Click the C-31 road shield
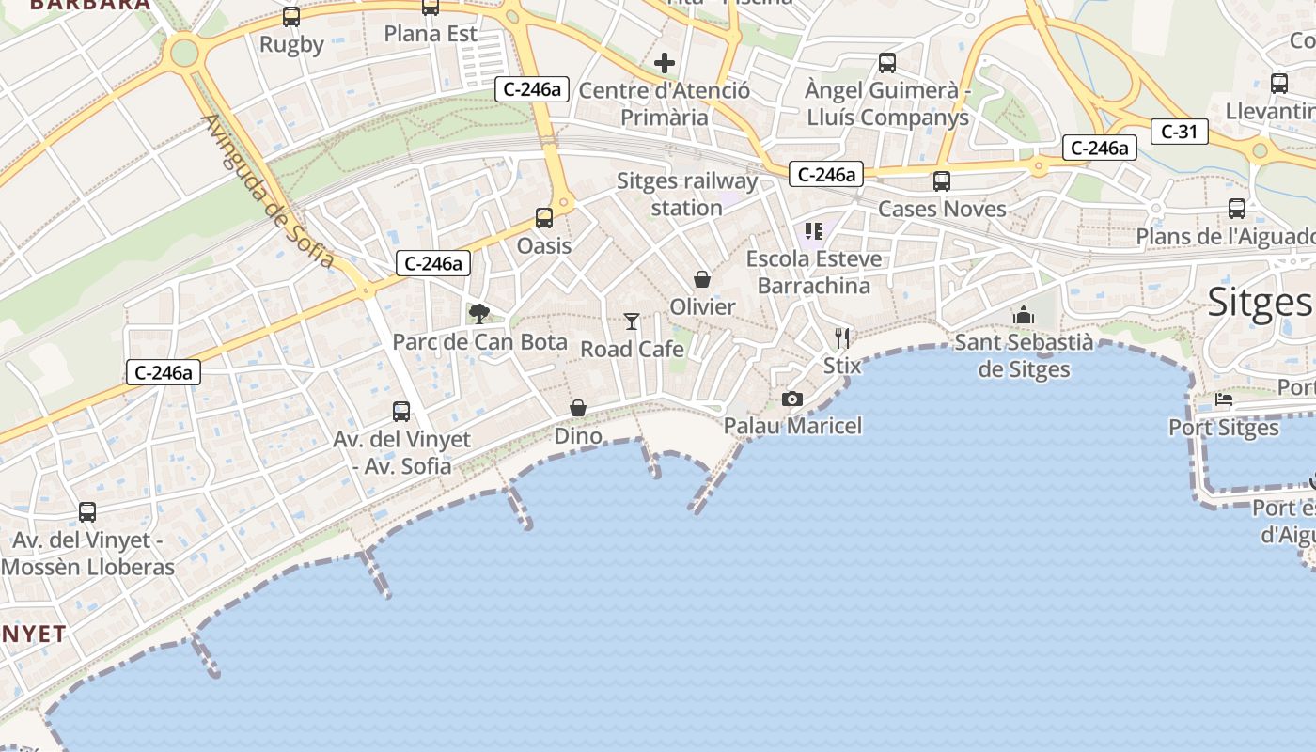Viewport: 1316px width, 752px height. point(1179,132)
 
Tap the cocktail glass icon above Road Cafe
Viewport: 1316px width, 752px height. point(632,321)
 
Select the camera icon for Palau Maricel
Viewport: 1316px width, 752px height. point(792,399)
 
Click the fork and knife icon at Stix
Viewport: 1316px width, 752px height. point(842,338)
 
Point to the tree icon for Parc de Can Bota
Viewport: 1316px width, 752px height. point(479,313)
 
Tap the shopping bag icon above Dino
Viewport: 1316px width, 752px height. point(578,408)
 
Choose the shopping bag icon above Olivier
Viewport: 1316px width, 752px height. point(702,279)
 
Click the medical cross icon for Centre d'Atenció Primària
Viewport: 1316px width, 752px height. point(665,63)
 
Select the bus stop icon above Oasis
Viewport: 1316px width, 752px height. point(544,218)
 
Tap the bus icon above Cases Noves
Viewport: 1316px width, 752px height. point(942,181)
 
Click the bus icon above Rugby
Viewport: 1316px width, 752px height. point(291,17)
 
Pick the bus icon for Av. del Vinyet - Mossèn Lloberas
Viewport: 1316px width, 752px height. point(87,512)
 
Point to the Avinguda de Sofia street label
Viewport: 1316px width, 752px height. point(269,191)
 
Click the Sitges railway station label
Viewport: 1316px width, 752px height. point(687,194)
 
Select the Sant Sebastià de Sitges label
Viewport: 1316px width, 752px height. point(1024,355)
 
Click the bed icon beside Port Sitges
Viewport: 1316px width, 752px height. point(1224,399)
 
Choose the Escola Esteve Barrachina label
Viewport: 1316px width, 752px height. point(814,272)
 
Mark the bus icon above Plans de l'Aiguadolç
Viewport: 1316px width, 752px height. point(1237,209)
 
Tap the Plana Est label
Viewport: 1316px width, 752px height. point(431,34)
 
